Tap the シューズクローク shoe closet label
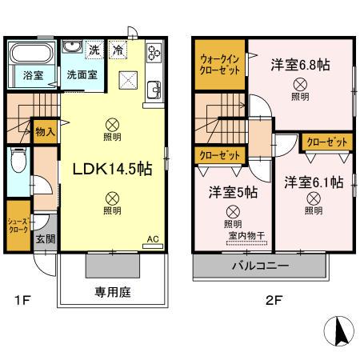pos(17,224)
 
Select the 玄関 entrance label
pos(44,238)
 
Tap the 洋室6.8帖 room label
pos(300,64)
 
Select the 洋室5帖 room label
pos(234,192)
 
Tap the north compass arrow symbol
pos(336,328)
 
